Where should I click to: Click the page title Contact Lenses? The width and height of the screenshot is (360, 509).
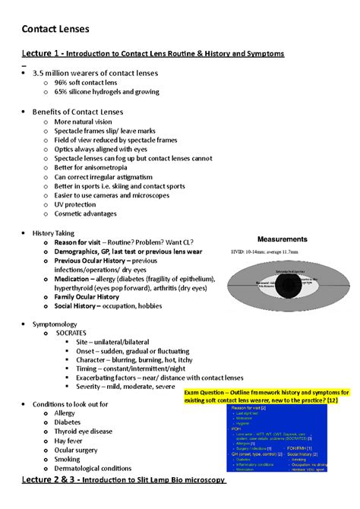point(56,29)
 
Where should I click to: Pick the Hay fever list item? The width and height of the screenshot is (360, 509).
point(73,440)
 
